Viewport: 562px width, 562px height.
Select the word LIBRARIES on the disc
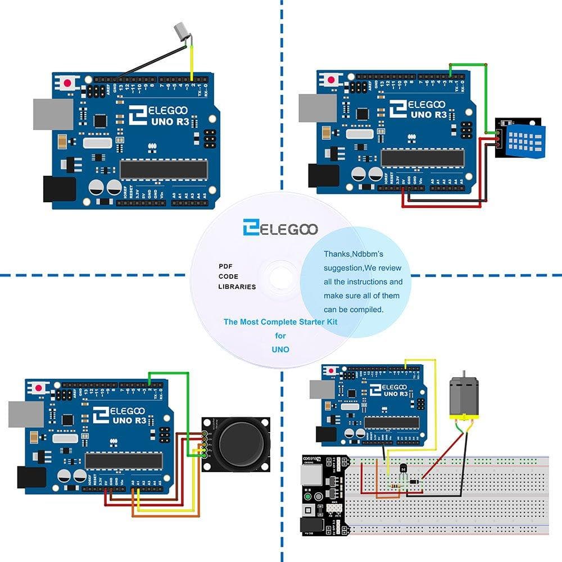click(x=237, y=287)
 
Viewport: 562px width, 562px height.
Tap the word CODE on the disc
click(x=228, y=276)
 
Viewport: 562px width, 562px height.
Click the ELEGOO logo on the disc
click(x=280, y=228)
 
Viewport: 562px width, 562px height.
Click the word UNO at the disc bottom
click(x=280, y=349)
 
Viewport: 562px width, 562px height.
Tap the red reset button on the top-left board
click(x=68, y=82)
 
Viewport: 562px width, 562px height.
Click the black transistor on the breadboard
click(x=402, y=468)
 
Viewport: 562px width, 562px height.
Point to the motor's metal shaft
click(x=463, y=373)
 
